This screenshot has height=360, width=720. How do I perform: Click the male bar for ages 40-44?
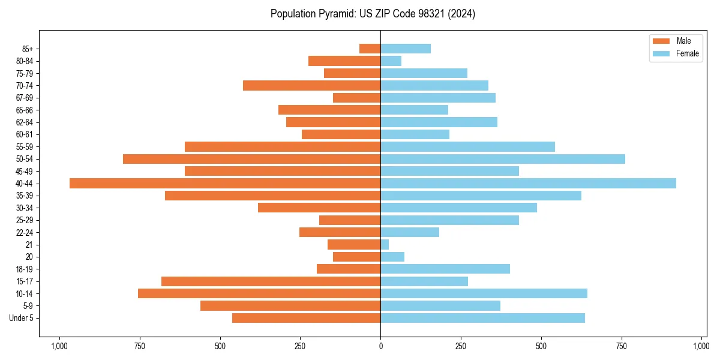[x=225, y=183]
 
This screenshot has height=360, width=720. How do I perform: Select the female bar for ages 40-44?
[x=528, y=183]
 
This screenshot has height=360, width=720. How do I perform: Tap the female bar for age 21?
[x=385, y=244]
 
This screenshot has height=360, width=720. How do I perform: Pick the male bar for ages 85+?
[x=370, y=49]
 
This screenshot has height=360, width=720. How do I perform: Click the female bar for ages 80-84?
[x=391, y=61]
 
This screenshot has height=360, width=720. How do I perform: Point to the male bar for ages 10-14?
[x=259, y=293]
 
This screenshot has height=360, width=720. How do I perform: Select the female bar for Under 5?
[x=482, y=318]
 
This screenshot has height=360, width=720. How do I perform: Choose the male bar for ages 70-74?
[x=311, y=85]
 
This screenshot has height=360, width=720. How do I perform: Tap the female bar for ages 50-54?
[x=503, y=159]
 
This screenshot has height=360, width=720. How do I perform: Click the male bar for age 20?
[x=356, y=257]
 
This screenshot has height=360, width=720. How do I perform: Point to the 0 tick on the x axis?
[x=380, y=346]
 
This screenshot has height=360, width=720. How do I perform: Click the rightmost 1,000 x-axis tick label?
[x=701, y=346]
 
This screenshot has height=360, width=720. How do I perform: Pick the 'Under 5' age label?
[x=21, y=318]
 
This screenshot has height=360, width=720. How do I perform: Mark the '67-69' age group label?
[x=24, y=98]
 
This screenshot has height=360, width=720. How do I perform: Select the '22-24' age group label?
[x=24, y=232]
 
